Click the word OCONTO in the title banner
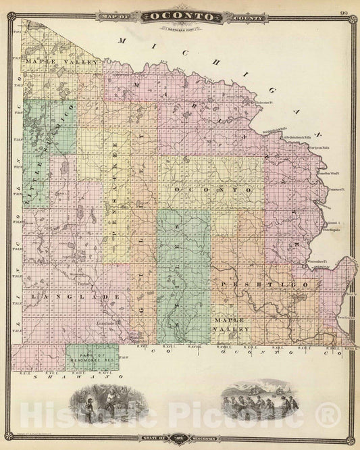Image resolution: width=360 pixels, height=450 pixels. coord(180,16)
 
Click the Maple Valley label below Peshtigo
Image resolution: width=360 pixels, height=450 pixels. coord(232,322)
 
